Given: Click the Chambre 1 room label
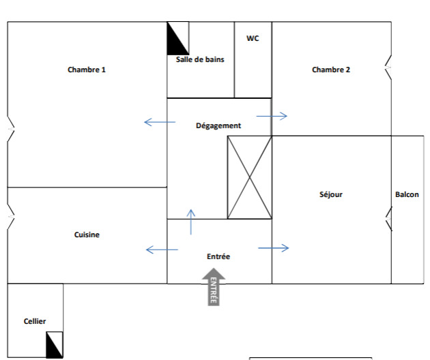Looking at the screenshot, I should point(87,70).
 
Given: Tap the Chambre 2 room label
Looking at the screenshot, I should point(331,70).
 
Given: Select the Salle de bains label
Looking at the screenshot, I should point(200,59).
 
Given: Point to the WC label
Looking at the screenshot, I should point(253,38).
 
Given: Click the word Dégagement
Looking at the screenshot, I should point(218,125).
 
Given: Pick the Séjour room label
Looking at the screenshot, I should point(331,194).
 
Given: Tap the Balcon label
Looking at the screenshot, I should point(407,195).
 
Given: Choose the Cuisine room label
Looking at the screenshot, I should point(87,235).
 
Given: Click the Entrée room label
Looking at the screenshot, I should point(218,256).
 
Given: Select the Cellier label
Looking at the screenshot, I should point(34,320).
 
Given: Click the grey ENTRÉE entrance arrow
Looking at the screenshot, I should point(214,286).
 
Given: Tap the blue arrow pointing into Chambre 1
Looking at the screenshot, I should point(159,123).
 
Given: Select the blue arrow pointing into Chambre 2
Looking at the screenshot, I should point(272,116).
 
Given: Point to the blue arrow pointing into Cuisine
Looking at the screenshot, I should point(162,250).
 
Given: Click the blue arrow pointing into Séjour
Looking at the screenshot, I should point(274,249).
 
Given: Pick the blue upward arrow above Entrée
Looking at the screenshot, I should point(191,222).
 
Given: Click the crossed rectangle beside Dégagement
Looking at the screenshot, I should point(249,177).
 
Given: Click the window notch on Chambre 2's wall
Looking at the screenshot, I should point(389,68).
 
